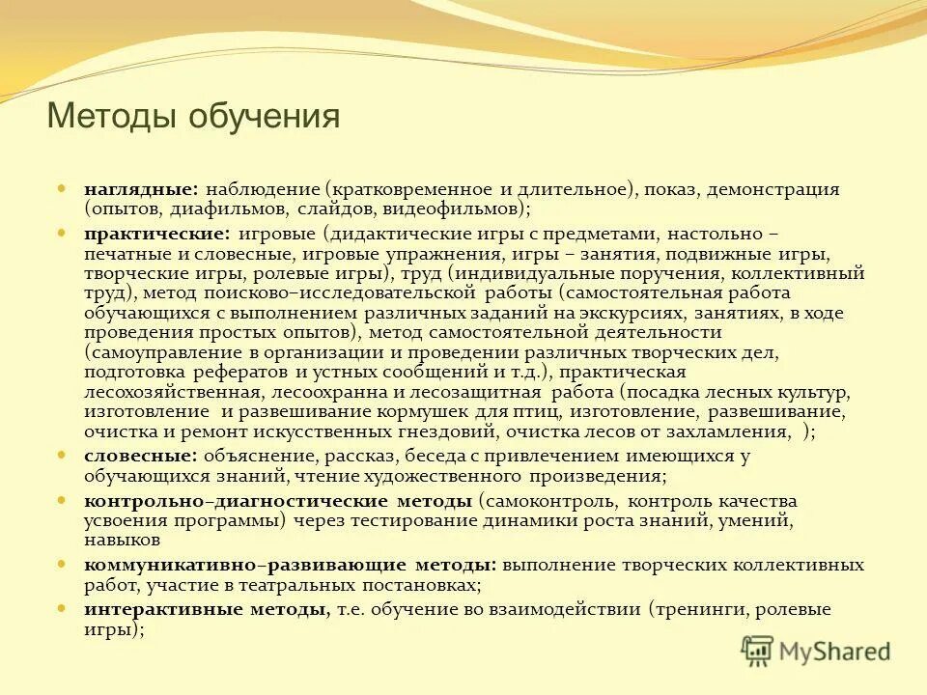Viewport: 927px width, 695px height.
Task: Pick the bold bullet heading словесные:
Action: (x=141, y=456)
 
